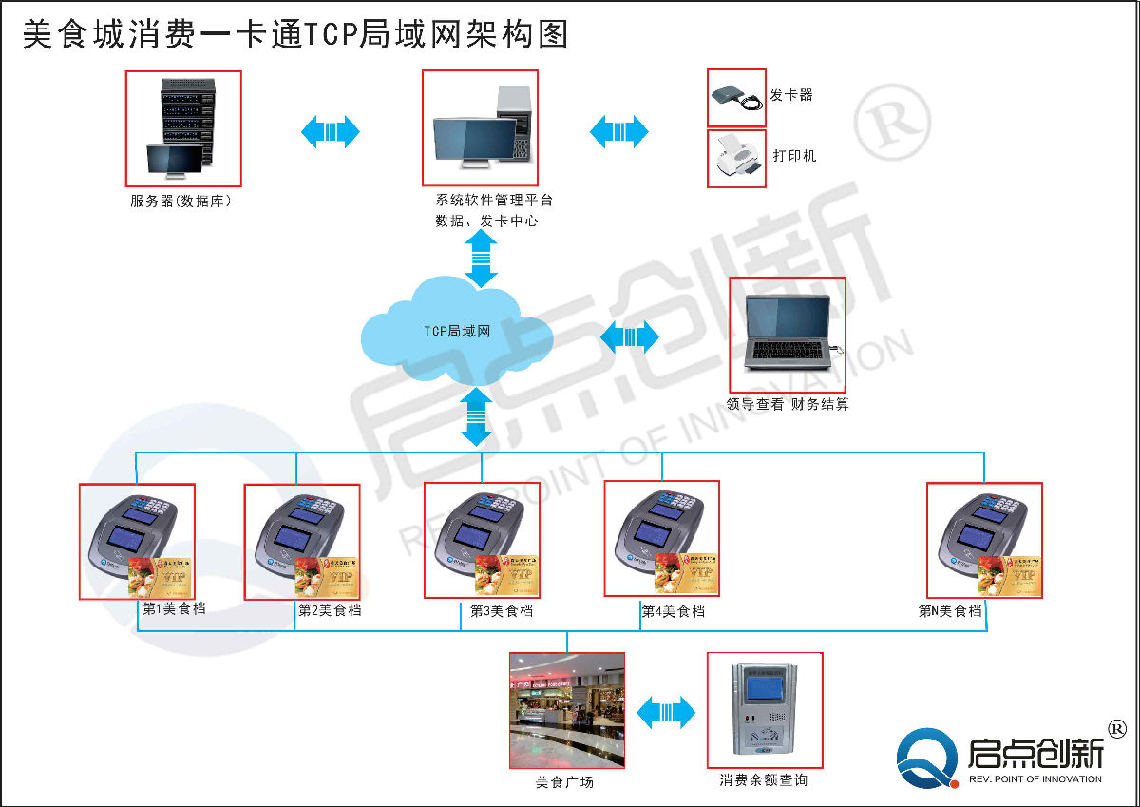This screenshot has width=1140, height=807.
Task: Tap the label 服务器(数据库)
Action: tap(181, 202)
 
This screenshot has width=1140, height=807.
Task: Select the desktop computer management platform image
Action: tap(480, 127)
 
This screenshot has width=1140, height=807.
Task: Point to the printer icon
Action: tap(736, 158)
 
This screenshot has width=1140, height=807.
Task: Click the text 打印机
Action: tap(794, 156)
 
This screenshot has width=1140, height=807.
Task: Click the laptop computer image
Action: tap(787, 334)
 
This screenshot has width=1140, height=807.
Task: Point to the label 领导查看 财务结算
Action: tap(788, 404)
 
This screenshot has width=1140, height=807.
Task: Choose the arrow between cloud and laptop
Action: tap(630, 336)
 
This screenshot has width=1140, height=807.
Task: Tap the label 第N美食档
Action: tap(950, 611)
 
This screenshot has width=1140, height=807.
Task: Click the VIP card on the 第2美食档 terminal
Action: tap(327, 576)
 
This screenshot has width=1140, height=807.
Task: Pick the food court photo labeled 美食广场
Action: tap(567, 710)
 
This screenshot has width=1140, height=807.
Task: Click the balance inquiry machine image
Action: tap(764, 710)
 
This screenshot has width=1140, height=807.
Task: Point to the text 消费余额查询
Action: tap(764, 780)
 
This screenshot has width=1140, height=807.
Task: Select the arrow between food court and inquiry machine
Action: tap(666, 712)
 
